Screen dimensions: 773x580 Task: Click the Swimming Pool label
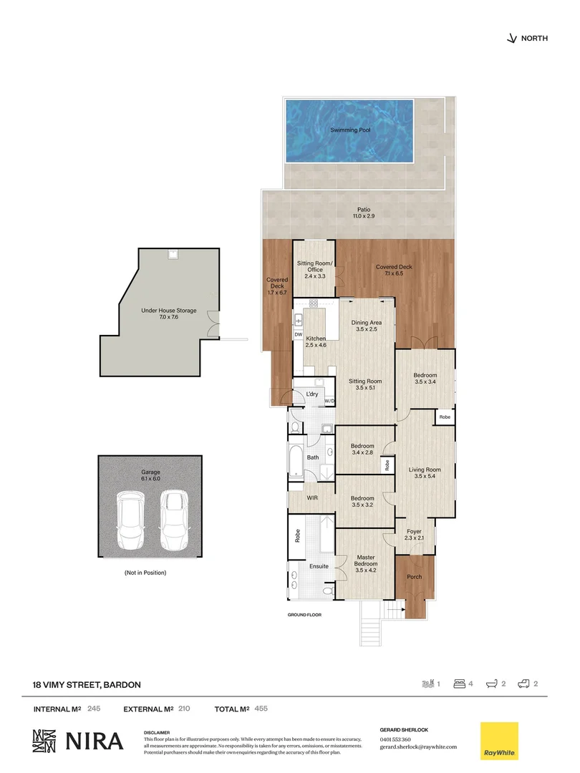coord(349,130)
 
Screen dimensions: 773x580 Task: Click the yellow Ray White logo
coord(498,741)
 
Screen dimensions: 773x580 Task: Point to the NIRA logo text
coord(95,742)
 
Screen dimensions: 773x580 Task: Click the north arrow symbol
coord(511,39)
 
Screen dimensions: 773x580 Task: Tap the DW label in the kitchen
coord(298,334)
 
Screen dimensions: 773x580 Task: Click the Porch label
coord(414,576)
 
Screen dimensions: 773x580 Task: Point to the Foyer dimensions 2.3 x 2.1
coord(414,538)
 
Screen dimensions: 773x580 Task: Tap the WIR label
coord(312,497)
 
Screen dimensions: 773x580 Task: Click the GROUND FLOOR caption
coord(306,615)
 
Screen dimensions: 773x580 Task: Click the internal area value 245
coord(94,709)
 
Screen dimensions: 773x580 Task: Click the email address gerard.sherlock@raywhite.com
coord(418,747)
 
